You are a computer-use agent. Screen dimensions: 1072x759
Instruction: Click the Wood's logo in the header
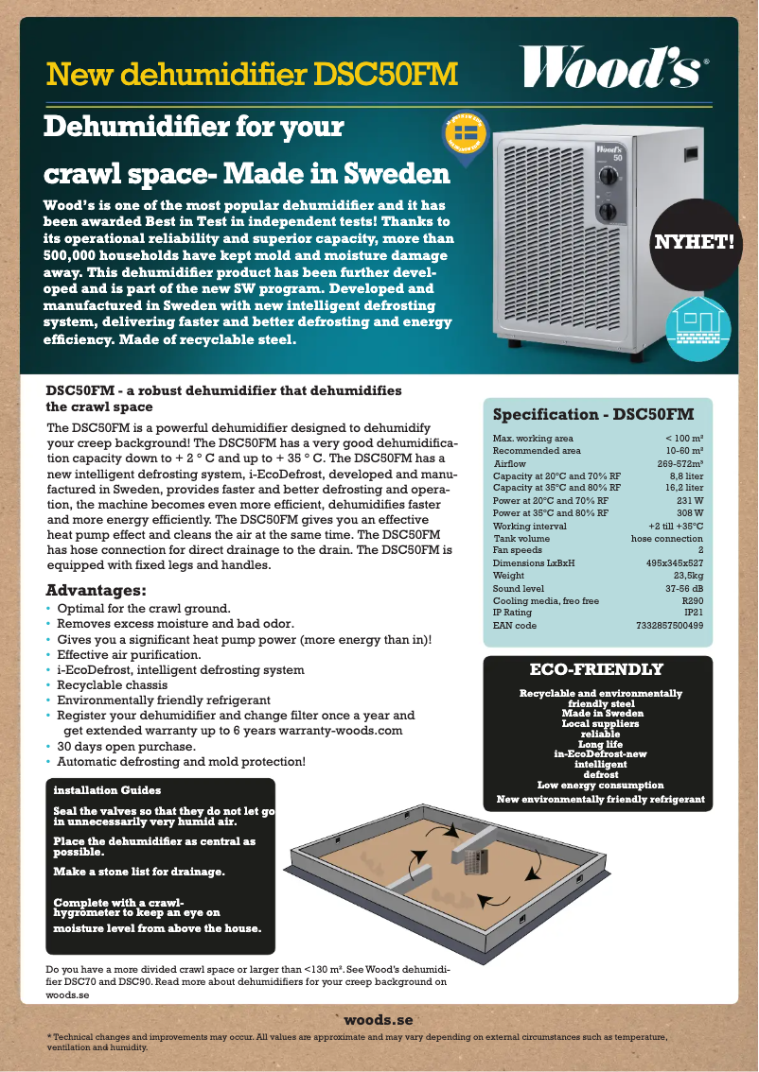[614, 68]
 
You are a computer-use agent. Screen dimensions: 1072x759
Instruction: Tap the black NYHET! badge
[695, 243]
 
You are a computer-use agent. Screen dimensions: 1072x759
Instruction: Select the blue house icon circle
[698, 325]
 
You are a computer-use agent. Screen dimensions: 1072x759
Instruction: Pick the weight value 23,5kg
[687, 575]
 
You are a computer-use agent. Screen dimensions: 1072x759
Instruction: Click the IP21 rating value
[694, 613]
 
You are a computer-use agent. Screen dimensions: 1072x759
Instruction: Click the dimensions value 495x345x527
[674, 562]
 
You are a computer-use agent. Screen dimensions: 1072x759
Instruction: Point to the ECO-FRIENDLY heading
[596, 669]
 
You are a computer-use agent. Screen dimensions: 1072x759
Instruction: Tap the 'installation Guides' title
[107, 789]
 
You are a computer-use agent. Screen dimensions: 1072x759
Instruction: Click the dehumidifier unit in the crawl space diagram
[471, 859]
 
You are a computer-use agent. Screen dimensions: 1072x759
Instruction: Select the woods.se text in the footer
[379, 1020]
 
